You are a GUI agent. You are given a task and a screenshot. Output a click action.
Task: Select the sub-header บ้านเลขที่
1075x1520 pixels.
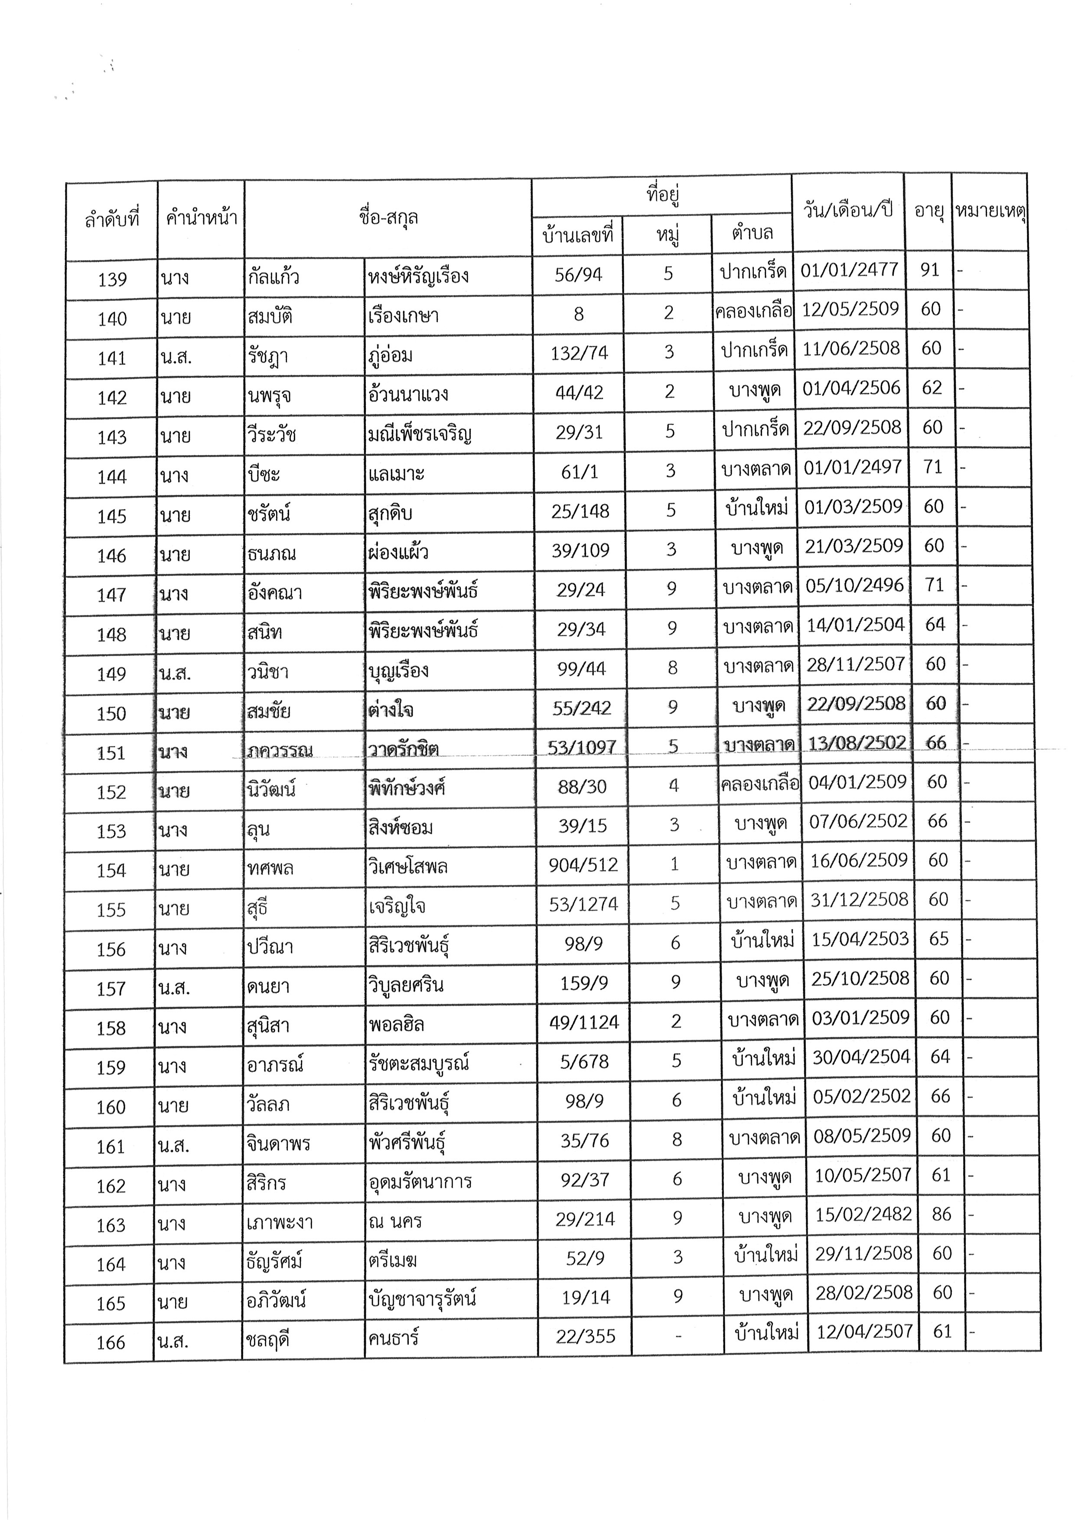577,234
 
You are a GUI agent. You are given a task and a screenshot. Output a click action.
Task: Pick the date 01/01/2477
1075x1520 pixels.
849,270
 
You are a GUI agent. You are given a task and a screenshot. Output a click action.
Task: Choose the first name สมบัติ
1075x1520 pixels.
270,316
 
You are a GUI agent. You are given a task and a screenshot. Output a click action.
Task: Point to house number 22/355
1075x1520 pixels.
585,1337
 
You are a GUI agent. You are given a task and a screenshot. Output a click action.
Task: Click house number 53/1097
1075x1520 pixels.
582,747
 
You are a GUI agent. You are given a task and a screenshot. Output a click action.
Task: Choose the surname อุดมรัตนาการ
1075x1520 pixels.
420,1181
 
